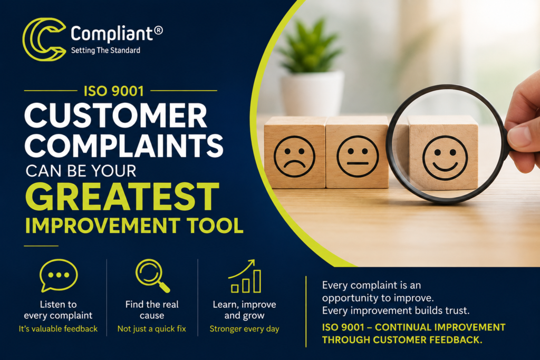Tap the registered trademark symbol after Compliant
point(158,30)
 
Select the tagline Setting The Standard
point(105,50)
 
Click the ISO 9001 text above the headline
point(114,91)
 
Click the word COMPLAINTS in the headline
point(124,145)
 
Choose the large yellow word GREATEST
point(122,197)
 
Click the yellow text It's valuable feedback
point(58,329)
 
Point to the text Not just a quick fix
point(151,329)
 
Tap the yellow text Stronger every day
point(245,329)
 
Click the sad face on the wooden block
point(294,156)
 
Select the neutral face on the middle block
point(358,156)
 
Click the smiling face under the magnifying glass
point(445,158)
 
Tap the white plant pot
point(312,93)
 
